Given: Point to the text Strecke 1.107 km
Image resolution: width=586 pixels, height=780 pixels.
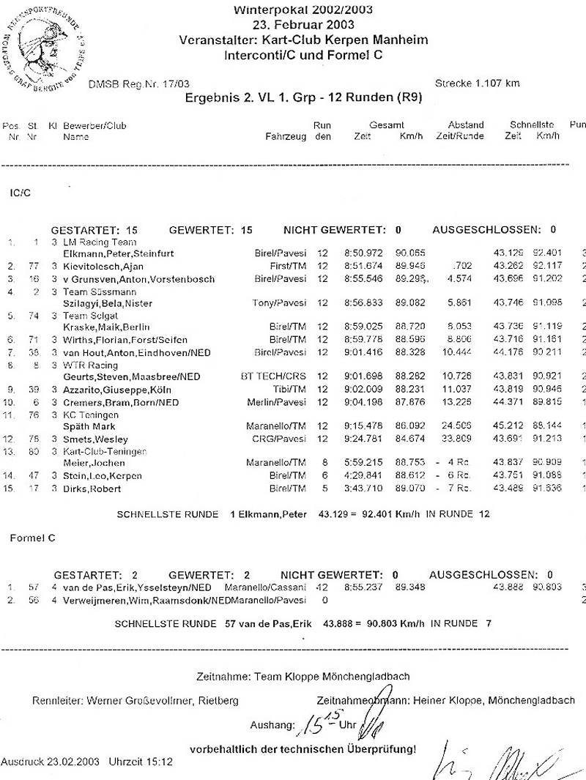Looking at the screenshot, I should pyautogui.click(x=477, y=83).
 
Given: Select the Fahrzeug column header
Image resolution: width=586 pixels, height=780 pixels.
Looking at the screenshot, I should pyautogui.click(x=286, y=136).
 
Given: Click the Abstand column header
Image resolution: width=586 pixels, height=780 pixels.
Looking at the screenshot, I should pyautogui.click(x=465, y=125).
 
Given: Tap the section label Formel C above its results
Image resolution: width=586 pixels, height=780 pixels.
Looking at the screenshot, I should pyautogui.click(x=32, y=538).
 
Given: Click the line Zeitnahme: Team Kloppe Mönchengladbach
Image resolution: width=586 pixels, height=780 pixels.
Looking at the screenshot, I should pyautogui.click(x=303, y=676).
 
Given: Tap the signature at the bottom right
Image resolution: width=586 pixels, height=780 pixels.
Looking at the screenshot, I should pyautogui.click(x=505, y=762).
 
